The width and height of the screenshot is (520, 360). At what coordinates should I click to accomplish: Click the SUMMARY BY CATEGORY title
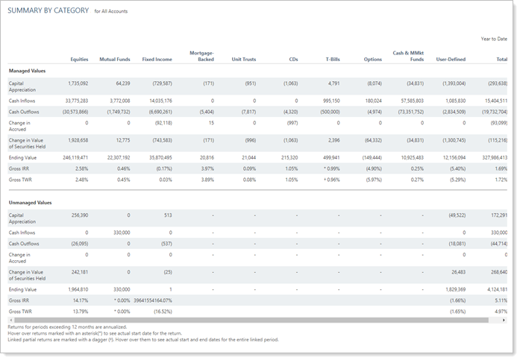pos(48,11)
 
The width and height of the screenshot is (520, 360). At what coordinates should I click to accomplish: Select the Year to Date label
pos(493,38)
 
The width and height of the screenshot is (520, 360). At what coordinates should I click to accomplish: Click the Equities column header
pos(79,59)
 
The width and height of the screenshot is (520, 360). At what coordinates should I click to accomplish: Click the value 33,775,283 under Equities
pos(72,100)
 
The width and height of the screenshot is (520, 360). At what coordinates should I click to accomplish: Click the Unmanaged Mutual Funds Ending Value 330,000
pos(119,288)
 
